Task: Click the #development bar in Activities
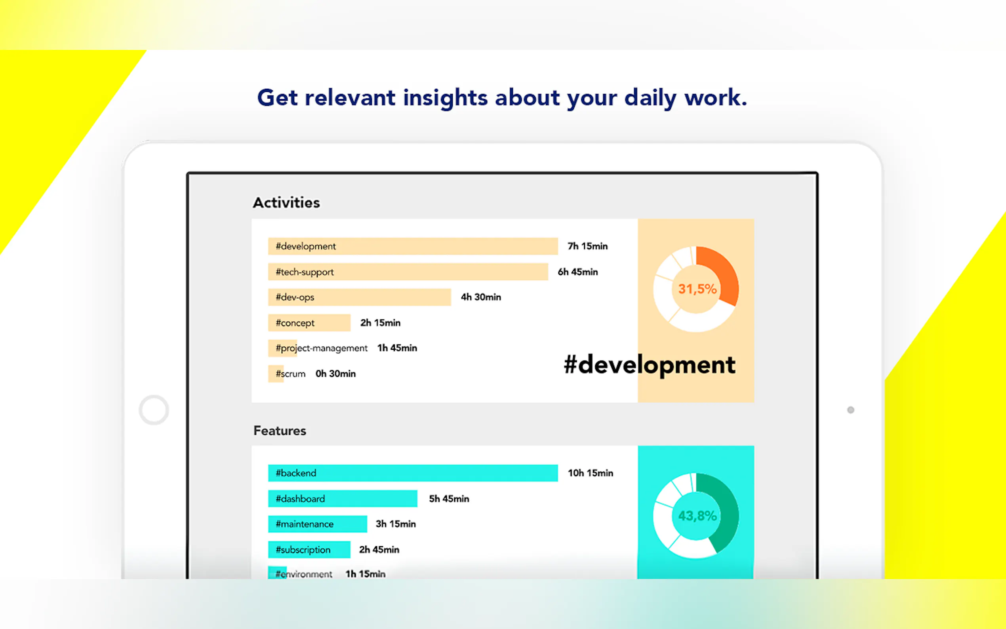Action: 413,246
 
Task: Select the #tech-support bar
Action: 408,272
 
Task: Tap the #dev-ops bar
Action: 359,297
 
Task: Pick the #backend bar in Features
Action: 413,473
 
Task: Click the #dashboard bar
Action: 343,498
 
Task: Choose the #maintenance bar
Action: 317,524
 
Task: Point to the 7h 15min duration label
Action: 588,246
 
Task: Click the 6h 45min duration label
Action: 577,272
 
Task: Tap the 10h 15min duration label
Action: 590,473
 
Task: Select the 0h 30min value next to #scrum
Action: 335,374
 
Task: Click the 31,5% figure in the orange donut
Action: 697,289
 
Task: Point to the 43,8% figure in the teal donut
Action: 697,516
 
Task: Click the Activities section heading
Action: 286,202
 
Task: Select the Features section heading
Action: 280,431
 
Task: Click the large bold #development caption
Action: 650,365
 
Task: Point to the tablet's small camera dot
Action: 851,410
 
